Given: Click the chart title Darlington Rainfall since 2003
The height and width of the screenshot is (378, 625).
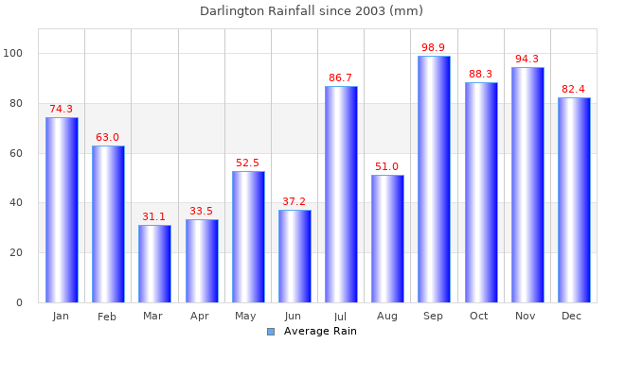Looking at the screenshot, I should [x=312, y=11].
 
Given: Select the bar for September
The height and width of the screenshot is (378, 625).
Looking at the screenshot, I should [x=434, y=180].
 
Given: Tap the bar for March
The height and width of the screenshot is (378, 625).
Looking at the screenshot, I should [x=154, y=264].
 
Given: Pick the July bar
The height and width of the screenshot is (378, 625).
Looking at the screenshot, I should [x=341, y=195].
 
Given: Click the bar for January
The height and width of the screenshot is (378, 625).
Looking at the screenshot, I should [x=62, y=210].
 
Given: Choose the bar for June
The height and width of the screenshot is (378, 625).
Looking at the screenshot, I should [x=295, y=256].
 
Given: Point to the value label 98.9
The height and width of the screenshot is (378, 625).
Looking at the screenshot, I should [x=434, y=47].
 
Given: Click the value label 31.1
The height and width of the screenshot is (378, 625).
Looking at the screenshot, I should [x=154, y=216].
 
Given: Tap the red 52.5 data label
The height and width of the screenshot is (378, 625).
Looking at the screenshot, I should [x=247, y=163].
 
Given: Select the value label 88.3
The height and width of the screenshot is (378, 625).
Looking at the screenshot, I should [x=480, y=74].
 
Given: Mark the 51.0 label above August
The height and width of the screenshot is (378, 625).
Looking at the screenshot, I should [x=387, y=166].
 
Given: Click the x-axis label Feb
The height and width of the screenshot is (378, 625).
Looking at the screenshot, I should [x=107, y=317].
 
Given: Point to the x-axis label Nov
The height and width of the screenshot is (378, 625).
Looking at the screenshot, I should [x=526, y=316].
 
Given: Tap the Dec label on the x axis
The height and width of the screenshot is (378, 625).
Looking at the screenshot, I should [x=572, y=316].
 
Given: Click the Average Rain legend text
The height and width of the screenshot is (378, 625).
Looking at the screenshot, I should [x=320, y=331].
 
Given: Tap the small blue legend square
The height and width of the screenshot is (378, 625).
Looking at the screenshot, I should [x=271, y=331].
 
